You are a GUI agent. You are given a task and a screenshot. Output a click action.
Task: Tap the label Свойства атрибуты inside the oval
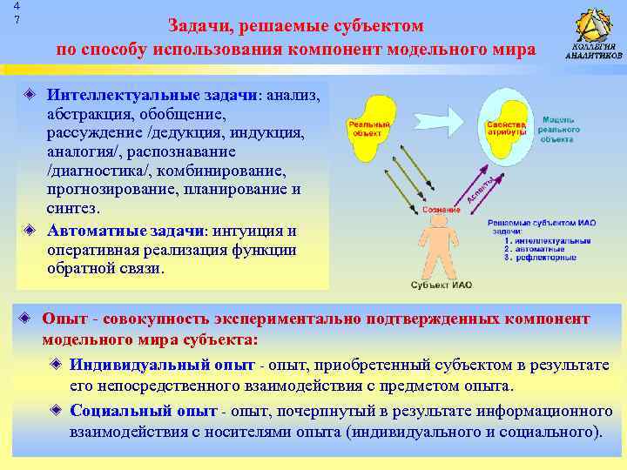506,129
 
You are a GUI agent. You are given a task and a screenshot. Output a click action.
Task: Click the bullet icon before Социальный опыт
57,410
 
